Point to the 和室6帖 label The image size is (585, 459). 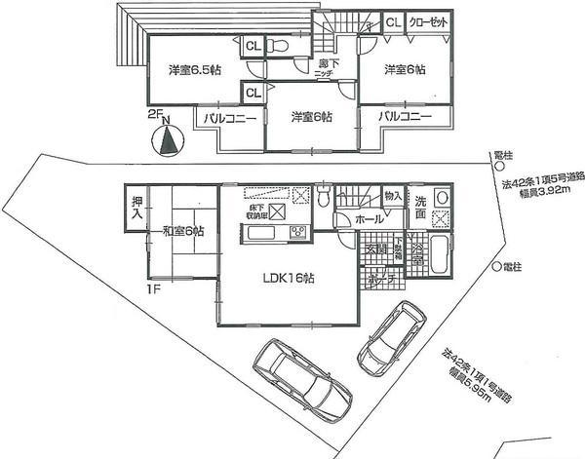tap(173, 231)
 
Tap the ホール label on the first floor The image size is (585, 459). tap(369, 220)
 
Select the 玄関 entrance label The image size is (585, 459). tap(374, 249)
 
